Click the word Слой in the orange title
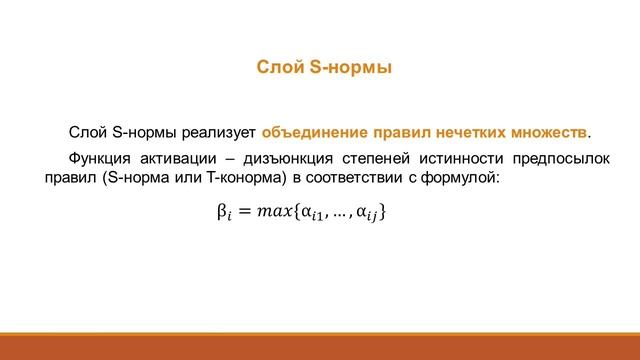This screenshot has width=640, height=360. (274, 68)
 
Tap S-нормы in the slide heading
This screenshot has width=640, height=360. (342, 68)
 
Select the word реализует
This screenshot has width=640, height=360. (225, 131)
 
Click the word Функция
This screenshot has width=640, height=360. (97, 159)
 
